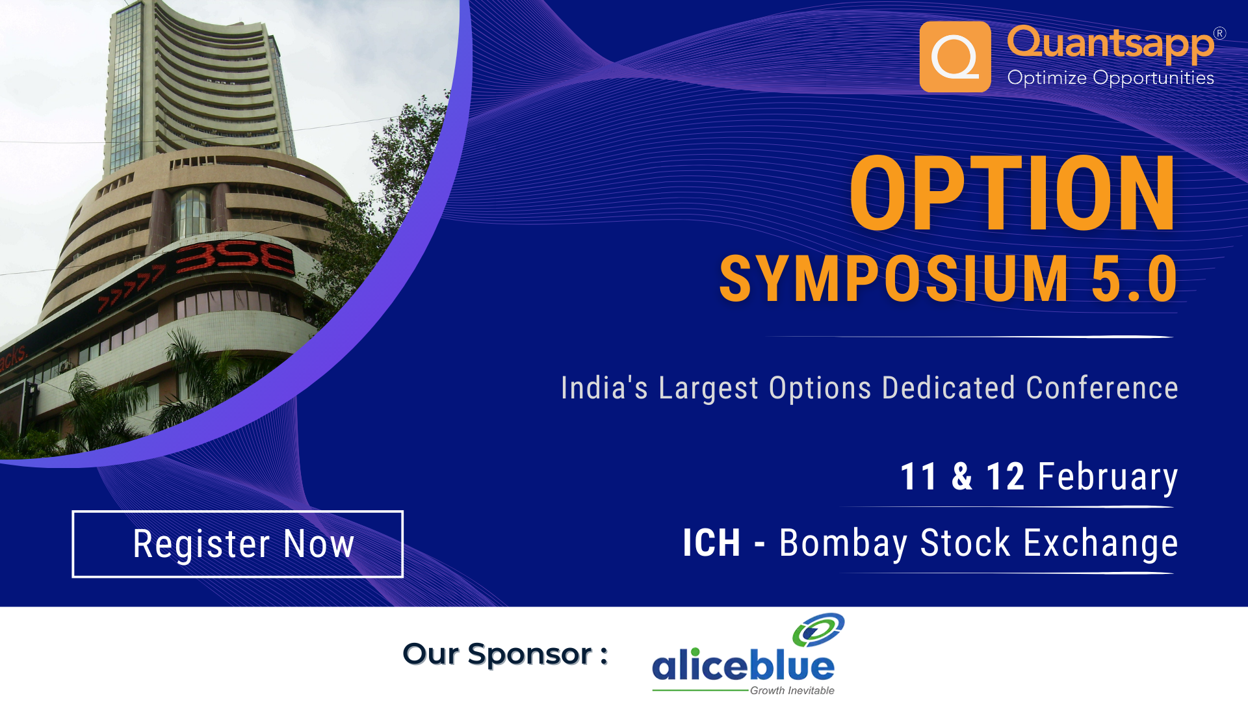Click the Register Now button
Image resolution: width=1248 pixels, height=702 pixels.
238,544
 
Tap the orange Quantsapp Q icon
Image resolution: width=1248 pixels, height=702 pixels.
955,57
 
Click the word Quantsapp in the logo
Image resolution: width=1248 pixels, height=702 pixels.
1110,43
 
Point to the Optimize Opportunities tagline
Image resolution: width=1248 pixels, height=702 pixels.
1110,78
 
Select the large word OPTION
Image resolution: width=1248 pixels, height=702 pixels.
1012,194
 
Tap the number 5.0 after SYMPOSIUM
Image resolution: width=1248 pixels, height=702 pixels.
1134,279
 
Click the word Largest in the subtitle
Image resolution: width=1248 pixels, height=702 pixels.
708,389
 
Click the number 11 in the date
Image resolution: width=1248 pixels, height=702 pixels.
918,476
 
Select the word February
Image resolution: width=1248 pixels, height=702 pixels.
1107,477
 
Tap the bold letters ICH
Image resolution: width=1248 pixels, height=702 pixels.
711,543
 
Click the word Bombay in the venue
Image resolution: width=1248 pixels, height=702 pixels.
843,543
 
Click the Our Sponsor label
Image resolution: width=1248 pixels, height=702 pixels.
505,654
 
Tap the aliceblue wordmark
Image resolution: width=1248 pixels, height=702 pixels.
743,666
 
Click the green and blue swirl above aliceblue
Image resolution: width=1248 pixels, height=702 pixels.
818,629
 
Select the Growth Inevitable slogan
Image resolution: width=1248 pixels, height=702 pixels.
792,690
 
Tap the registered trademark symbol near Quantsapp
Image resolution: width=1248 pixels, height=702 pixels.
1219,34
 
